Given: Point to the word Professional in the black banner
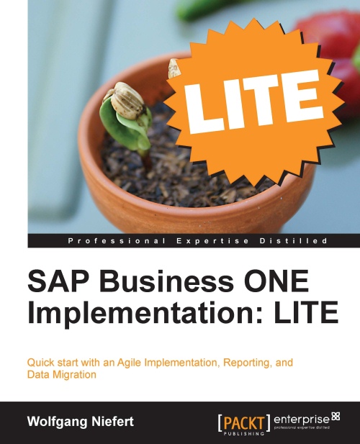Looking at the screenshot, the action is click(x=117, y=241).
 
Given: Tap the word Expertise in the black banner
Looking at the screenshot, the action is click(x=212, y=241).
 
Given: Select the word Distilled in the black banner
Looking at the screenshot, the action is click(x=294, y=241).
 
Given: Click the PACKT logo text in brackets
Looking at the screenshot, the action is click(x=244, y=423).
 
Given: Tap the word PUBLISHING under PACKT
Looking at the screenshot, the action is click(x=244, y=433).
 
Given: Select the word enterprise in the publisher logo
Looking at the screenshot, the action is click(x=302, y=420).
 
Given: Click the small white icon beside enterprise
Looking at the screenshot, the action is click(x=336, y=416).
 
